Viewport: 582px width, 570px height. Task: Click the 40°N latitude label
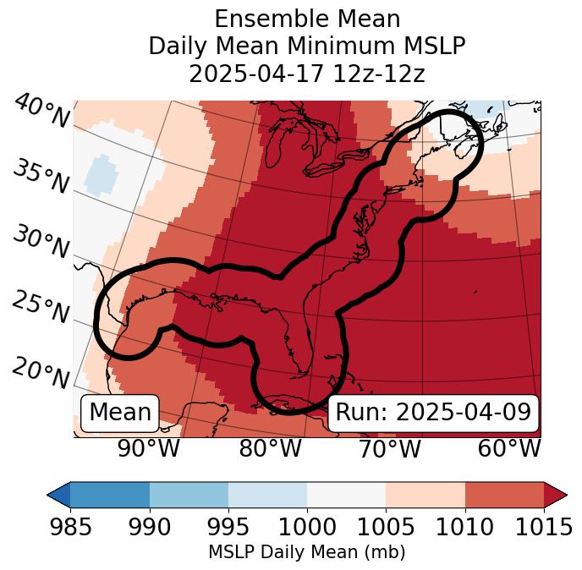[41, 112]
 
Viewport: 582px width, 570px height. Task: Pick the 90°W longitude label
[149, 448]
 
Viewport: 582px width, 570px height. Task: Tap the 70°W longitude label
[390, 448]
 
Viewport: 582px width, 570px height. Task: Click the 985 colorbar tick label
[70, 528]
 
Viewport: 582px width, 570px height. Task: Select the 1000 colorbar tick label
[307, 528]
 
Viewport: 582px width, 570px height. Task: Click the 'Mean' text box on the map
[120, 412]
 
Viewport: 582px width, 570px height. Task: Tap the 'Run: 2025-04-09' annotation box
[433, 412]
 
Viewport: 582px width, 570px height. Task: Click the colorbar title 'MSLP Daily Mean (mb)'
[306, 552]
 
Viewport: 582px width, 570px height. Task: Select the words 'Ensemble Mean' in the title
[306, 19]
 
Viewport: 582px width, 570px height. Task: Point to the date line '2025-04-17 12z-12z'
[306, 74]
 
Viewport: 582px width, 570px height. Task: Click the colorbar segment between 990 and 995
[189, 494]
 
